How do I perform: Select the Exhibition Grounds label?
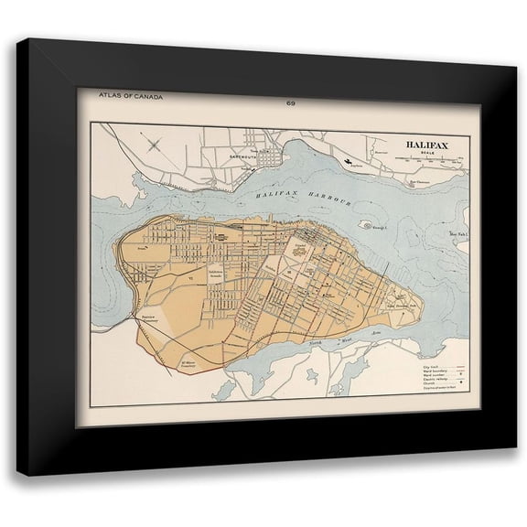coord(217,276)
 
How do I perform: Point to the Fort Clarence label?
coord(419,181)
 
